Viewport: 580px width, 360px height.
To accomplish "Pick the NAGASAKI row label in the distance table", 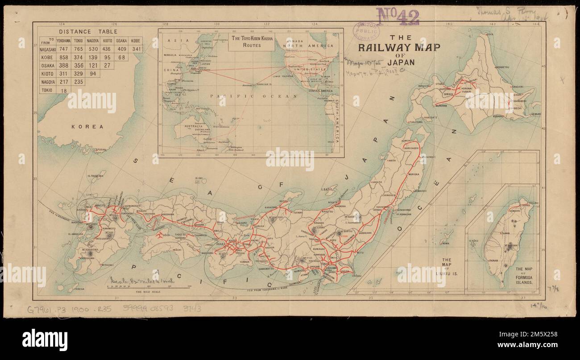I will [x=46, y=49].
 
